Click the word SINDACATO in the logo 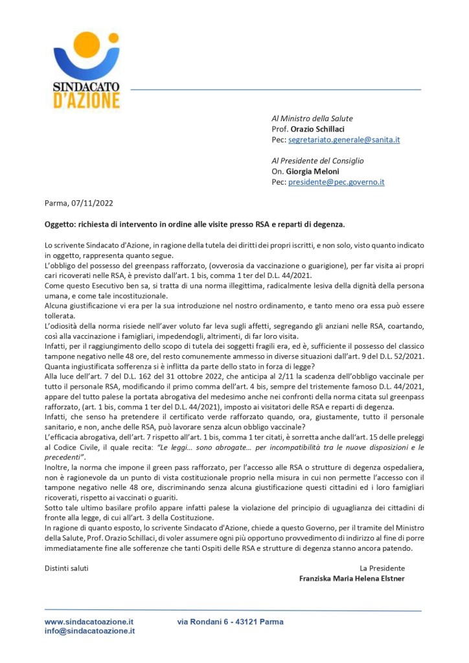point(86,89)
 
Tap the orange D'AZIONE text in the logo point(86,101)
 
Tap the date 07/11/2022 point(93,203)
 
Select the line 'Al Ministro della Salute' point(312,119)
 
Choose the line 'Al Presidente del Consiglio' point(317,161)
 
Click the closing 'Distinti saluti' point(67,568)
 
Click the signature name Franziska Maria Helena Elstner point(352,578)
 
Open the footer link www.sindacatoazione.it point(89,622)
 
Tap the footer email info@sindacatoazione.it point(89,631)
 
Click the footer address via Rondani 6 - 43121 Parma point(230,622)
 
